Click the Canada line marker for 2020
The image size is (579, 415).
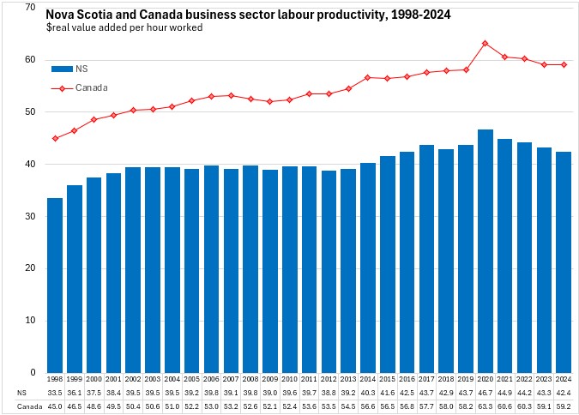click(x=486, y=43)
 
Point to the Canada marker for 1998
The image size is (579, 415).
click(x=55, y=138)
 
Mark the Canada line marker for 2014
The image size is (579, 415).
click(x=368, y=77)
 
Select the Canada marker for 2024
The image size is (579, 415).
click(x=564, y=64)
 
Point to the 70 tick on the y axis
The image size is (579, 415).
click(x=30, y=8)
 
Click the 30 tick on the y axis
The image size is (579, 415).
click(x=30, y=217)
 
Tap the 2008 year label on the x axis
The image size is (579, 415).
click(x=250, y=378)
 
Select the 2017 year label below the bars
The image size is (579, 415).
click(x=426, y=378)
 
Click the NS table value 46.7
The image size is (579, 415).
click(x=486, y=392)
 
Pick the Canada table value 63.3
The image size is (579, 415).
click(x=486, y=406)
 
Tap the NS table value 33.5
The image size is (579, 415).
click(x=55, y=392)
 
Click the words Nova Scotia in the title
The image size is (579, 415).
click(x=80, y=15)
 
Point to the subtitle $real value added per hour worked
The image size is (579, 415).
click(x=124, y=27)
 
